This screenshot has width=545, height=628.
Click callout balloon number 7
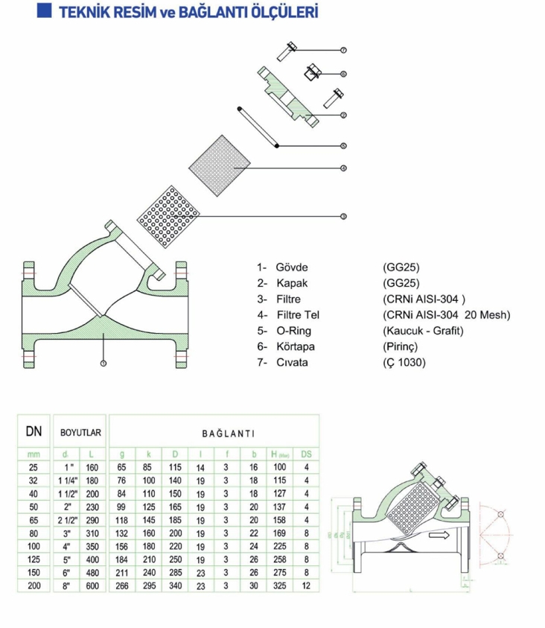pos(343,50)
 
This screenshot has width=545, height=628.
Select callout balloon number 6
pos(343,73)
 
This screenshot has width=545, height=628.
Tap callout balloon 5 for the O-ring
pos(343,145)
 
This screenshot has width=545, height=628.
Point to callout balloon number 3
pos(343,216)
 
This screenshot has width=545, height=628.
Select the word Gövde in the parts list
pos(292,267)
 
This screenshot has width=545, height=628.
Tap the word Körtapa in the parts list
pos(295,346)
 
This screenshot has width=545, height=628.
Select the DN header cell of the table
pos(34,431)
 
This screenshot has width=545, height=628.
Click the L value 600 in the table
pos(92,586)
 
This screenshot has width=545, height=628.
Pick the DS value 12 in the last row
pos(305,586)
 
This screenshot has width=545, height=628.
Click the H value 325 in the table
pos(279,586)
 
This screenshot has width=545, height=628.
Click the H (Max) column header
pos(279,454)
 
